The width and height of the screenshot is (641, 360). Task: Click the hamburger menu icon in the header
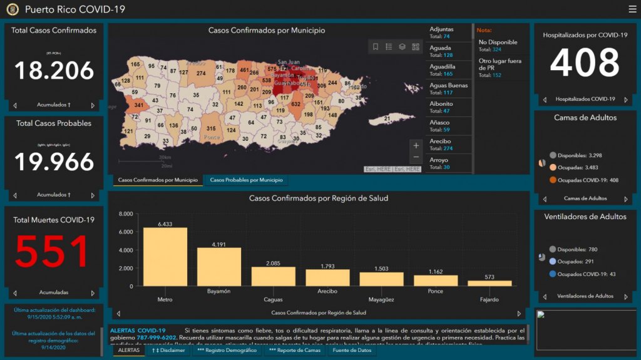coord(632,9)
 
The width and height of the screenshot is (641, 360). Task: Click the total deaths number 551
coord(53,251)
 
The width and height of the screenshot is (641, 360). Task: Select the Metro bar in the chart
coord(165,257)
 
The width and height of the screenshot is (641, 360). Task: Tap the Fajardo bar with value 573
coord(490,283)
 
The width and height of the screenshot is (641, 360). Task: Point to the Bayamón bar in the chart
coord(219,267)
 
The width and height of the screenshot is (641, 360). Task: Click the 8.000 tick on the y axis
coord(125,214)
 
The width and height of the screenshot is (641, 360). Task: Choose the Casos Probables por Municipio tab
coord(246,180)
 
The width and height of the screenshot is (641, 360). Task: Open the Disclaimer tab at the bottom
coord(168,351)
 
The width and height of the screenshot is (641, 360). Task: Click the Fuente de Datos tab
coord(351,351)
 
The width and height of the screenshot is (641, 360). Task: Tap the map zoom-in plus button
coord(416,146)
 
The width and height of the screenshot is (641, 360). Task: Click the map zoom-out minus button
coord(416,158)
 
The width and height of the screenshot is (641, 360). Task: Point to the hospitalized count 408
coord(585,63)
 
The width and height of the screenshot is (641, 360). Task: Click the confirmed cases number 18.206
coord(54,71)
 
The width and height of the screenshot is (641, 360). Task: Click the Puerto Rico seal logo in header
coord(13,9)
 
